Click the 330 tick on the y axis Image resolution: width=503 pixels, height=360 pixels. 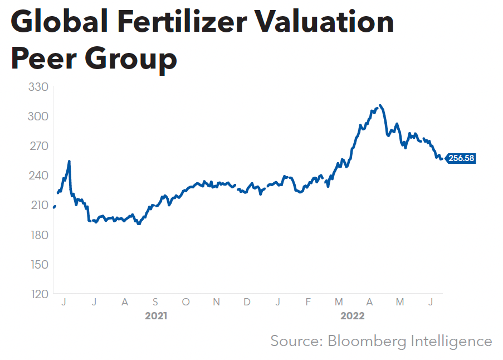38,87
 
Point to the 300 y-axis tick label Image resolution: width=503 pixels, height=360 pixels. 38,116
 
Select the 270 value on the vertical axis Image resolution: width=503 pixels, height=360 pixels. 38,146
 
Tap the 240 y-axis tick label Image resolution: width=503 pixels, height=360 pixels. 38,176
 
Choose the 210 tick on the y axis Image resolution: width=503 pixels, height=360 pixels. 38,205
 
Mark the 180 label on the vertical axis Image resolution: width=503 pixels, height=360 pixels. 38,235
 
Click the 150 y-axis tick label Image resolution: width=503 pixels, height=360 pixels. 38,264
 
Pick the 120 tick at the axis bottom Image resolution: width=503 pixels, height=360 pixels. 38,294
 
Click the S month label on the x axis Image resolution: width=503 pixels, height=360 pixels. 155,302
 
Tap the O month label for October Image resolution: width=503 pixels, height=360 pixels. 186,302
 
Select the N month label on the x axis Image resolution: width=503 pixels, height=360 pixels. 217,302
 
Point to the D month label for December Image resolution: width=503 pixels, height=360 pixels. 247,302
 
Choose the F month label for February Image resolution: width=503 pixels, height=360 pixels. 308,302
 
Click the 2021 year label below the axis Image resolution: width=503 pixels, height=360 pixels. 156,316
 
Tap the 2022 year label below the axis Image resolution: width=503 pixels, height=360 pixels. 352,316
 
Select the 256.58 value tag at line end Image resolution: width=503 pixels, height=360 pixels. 461,158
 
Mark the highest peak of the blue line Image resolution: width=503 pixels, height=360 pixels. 380,105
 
